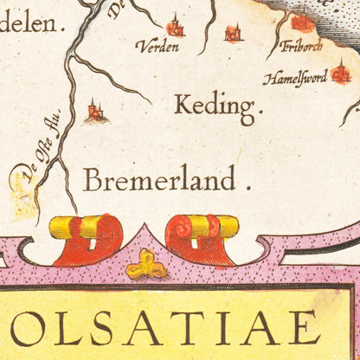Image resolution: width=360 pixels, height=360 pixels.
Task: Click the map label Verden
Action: [x=157, y=47]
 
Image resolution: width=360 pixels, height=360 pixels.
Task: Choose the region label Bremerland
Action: [x=159, y=180]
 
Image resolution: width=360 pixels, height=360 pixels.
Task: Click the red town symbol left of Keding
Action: [x=95, y=111]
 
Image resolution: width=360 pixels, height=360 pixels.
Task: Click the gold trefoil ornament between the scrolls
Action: [x=145, y=263]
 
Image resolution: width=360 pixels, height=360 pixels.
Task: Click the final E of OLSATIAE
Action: [x=303, y=328]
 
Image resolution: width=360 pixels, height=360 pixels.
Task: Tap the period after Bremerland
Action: [x=247, y=186]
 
